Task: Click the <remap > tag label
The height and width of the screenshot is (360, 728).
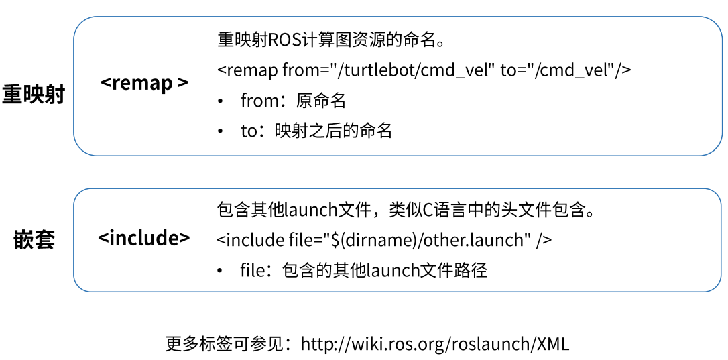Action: [x=144, y=83]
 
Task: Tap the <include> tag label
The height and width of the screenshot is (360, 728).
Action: [x=143, y=237]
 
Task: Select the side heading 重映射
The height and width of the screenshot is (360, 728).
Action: [x=34, y=95]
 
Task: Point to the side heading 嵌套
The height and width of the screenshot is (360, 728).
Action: [x=34, y=239]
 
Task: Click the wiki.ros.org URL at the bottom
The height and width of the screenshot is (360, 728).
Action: [x=435, y=344]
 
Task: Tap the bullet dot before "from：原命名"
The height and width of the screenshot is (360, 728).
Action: [x=221, y=101]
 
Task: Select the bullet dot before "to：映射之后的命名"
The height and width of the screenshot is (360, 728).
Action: [x=221, y=131]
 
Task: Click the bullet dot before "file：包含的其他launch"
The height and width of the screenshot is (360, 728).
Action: [x=221, y=271]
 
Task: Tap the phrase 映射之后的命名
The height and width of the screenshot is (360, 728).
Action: [x=333, y=131]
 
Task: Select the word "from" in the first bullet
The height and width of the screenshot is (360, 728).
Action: [x=259, y=101]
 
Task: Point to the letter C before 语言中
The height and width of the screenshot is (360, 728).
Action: [x=428, y=210]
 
